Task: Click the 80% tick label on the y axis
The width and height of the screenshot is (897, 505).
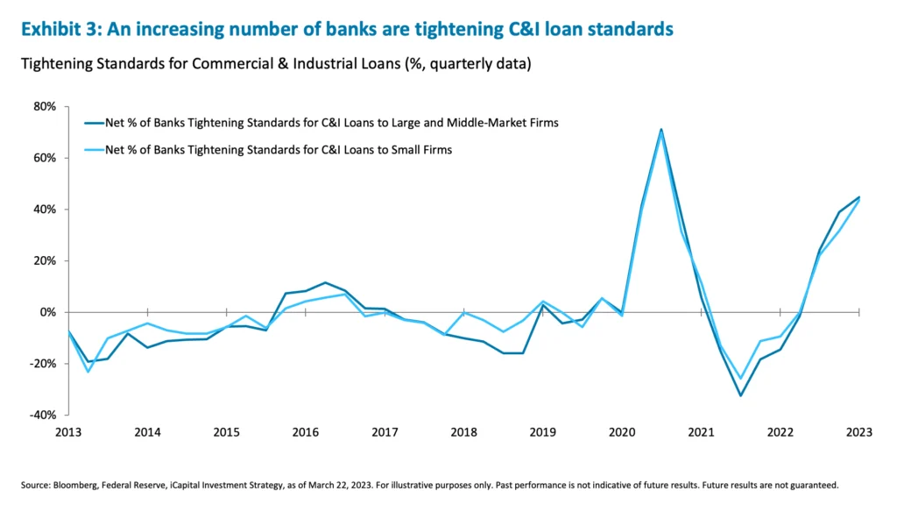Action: click(44, 107)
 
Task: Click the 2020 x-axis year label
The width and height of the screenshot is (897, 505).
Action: click(622, 432)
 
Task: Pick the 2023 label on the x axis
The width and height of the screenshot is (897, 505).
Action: click(858, 432)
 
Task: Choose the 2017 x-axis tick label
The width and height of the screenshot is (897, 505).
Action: click(385, 432)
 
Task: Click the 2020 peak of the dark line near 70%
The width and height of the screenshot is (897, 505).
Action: click(661, 129)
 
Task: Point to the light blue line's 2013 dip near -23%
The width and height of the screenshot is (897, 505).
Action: click(88, 372)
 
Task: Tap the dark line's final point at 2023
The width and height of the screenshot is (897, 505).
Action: click(859, 197)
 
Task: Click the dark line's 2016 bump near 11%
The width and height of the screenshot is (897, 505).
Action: click(325, 282)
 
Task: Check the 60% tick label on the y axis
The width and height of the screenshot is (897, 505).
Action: click(44, 158)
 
